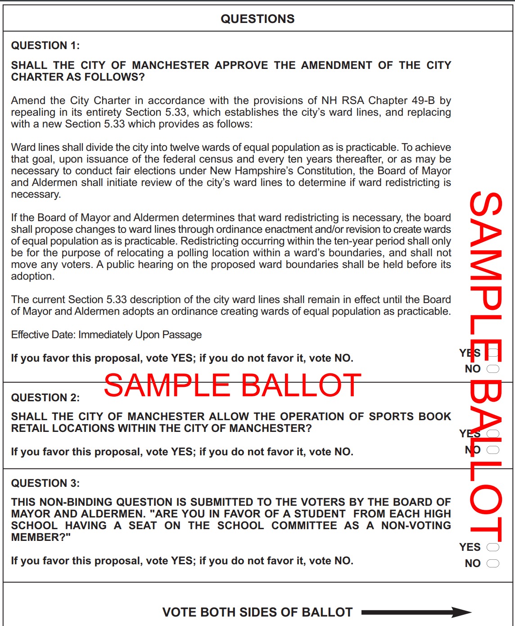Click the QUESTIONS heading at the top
point(257,19)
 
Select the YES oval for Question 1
point(493,353)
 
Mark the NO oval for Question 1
point(493,369)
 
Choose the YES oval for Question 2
point(493,434)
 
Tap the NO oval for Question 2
point(493,450)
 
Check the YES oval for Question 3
point(493,547)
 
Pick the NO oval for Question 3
point(493,563)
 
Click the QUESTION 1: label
point(45,45)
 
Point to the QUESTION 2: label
point(45,398)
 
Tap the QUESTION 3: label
point(45,483)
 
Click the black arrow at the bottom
point(416,612)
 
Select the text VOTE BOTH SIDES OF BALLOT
point(257,612)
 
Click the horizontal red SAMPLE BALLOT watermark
point(232,386)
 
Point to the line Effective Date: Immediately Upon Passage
point(106,335)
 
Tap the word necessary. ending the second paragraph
point(36,194)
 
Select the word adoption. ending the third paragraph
point(32,276)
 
